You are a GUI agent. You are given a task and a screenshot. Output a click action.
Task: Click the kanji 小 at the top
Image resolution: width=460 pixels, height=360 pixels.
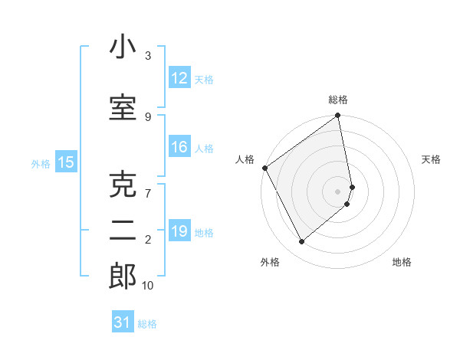[x=122, y=48]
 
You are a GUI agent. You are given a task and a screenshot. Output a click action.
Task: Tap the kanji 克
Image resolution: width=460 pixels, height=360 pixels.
[x=122, y=185]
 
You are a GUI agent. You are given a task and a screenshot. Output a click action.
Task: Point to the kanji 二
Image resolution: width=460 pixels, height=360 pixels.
[x=122, y=231]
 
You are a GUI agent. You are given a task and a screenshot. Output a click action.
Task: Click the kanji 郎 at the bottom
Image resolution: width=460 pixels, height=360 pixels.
[x=122, y=277]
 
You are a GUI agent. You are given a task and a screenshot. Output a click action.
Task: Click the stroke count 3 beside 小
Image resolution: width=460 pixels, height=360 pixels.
[x=148, y=56]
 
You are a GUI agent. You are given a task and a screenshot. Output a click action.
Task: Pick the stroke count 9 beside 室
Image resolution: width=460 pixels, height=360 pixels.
[x=148, y=116]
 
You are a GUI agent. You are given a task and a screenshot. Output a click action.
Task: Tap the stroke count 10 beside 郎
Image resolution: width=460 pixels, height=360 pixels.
[x=148, y=286]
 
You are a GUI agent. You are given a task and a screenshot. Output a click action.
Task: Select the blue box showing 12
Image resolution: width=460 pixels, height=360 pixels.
[x=179, y=78]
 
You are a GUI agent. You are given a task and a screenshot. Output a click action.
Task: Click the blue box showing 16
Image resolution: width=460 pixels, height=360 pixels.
[x=179, y=148]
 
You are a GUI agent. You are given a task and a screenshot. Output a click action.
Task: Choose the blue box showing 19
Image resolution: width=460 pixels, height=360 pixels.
[x=179, y=231]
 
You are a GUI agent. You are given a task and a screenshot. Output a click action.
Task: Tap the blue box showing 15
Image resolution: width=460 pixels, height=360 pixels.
[x=65, y=162]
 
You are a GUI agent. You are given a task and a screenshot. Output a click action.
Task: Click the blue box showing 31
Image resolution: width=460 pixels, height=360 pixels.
[x=123, y=322]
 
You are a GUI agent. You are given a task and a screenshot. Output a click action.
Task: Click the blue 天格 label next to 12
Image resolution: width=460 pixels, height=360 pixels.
[x=204, y=79]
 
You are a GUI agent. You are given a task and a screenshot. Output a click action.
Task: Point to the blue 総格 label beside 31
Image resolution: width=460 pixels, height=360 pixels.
[x=147, y=323]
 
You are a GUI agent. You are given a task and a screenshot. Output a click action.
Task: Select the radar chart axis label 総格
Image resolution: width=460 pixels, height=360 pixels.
[x=337, y=100]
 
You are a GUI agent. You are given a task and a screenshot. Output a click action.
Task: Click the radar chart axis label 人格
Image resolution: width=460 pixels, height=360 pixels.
[x=245, y=159]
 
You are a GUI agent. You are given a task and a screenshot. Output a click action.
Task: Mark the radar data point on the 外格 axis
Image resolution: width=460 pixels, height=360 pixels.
[x=301, y=242]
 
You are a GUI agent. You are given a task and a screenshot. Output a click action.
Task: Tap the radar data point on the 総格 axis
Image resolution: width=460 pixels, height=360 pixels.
[x=337, y=116]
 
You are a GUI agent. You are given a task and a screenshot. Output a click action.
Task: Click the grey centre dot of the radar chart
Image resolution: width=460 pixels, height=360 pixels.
[x=337, y=191]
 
